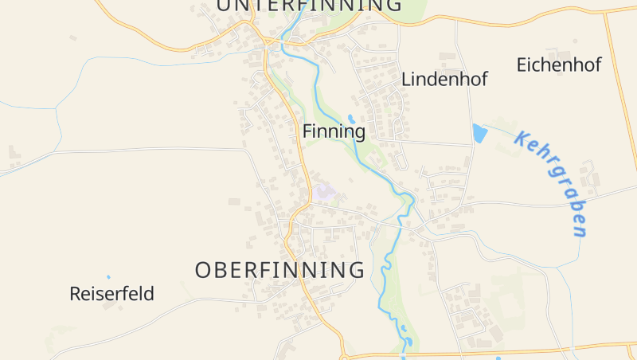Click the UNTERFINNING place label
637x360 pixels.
(x=309, y=5)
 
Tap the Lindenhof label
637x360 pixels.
(x=444, y=79)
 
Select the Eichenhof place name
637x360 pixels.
(x=559, y=65)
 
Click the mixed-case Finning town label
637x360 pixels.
(x=334, y=131)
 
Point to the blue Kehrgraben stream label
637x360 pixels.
(x=552, y=183)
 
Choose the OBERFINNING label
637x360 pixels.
(x=279, y=270)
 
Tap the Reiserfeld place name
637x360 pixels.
(x=111, y=294)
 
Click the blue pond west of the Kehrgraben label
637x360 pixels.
(x=479, y=133)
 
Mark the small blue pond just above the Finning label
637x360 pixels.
(x=351, y=119)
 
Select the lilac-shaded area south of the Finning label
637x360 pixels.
(x=323, y=192)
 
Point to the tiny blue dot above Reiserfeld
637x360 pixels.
(x=108, y=277)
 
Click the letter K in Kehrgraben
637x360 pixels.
(x=522, y=139)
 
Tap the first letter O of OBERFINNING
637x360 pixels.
(x=204, y=270)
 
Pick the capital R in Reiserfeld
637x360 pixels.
(x=76, y=294)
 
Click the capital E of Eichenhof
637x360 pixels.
(x=522, y=65)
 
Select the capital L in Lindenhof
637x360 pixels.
(x=406, y=79)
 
